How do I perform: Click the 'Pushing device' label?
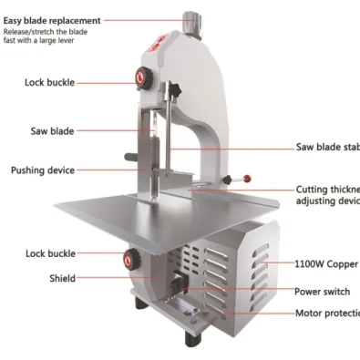43,170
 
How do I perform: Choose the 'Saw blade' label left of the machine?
52,131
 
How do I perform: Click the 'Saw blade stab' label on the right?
327,147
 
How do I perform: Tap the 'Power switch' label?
322,293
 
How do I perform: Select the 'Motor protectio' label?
326,314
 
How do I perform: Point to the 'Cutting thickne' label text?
327,190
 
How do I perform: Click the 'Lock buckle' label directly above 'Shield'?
49,253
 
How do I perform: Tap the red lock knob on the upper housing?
143,78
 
